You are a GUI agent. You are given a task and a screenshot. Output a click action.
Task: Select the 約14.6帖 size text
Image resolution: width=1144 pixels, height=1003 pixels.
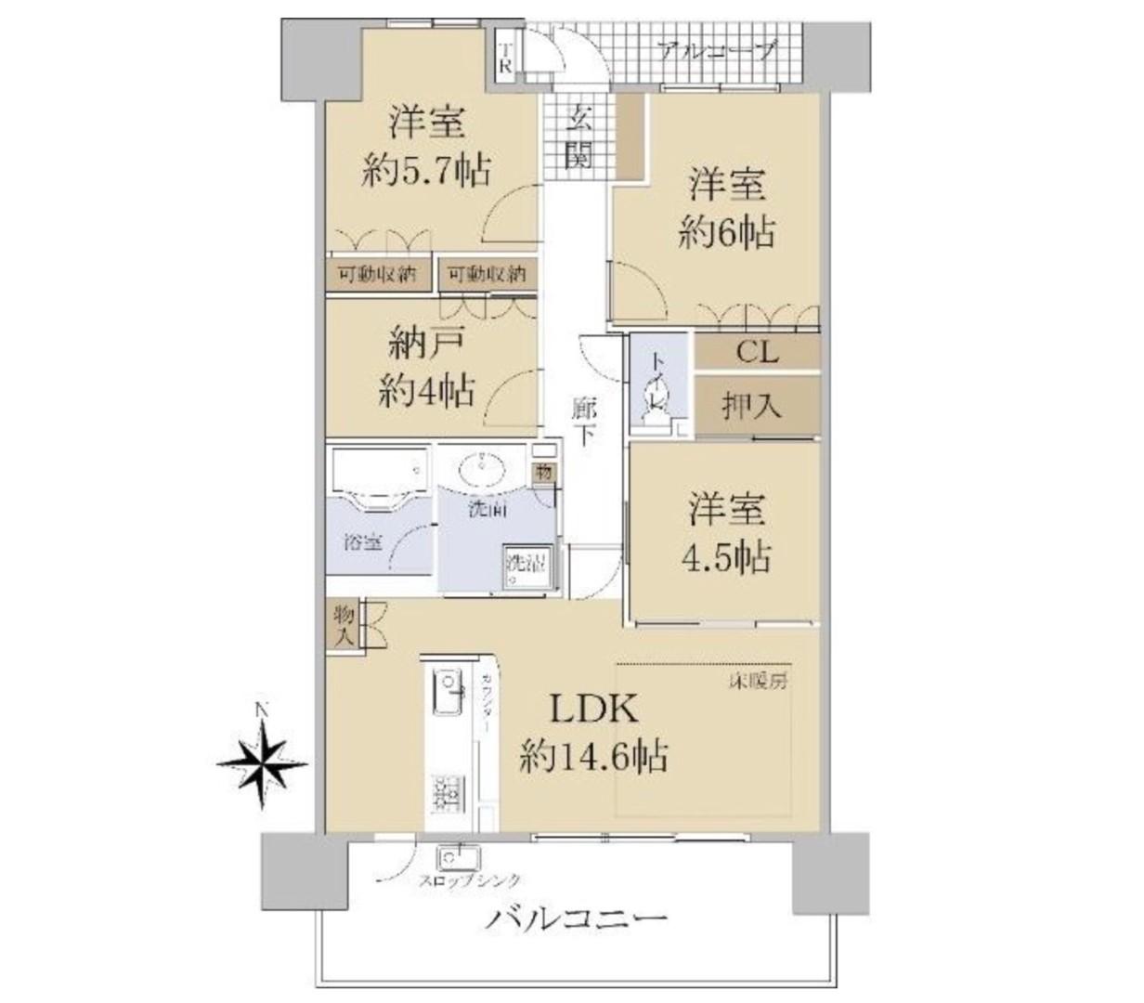[x=593, y=759]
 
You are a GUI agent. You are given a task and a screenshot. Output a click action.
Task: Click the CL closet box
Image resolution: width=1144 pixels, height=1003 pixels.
[x=757, y=353]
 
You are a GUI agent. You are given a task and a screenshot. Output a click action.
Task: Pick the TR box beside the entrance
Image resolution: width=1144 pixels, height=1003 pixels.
[x=505, y=58]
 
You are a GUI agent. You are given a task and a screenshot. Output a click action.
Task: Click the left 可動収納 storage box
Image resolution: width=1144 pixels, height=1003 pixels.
[x=376, y=275]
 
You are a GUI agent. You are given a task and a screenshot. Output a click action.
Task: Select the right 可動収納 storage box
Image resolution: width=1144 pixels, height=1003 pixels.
[x=486, y=275]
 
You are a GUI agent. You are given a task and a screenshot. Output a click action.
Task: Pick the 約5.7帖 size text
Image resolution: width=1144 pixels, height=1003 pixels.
[x=426, y=171]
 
